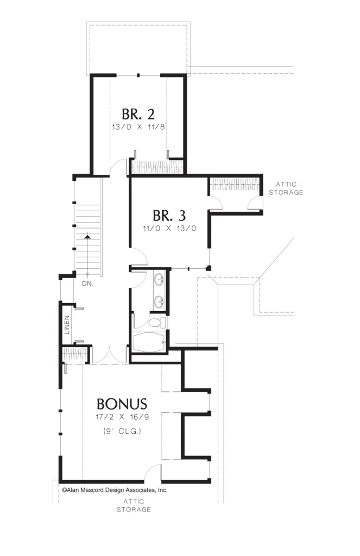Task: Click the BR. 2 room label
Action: point(138,114)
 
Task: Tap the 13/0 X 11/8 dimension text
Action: point(138,127)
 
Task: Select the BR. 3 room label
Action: point(169,216)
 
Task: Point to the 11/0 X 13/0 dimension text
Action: point(169,229)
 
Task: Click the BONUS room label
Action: point(122,404)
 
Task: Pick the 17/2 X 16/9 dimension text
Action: point(122,417)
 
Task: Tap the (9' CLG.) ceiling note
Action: point(122,431)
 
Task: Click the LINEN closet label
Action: point(67,325)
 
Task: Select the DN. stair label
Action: point(87,283)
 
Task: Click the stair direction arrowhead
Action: point(87,236)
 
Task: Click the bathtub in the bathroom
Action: point(149,342)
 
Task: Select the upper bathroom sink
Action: point(159,279)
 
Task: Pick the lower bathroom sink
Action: point(159,302)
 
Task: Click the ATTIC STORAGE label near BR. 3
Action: point(286,188)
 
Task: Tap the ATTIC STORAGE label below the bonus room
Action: point(134,506)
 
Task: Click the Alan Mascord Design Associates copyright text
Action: point(115,490)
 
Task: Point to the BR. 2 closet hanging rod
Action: point(157,167)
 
